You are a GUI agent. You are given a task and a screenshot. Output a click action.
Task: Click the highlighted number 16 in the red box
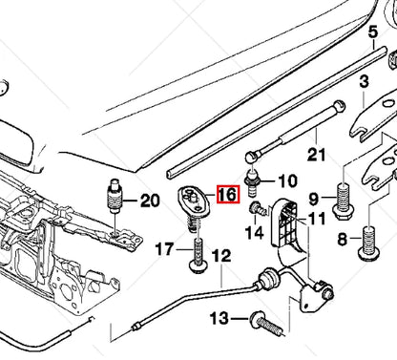coord(226,195)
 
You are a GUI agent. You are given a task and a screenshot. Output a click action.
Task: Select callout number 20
coord(150,201)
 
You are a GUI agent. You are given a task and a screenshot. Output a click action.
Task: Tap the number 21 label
coord(317,156)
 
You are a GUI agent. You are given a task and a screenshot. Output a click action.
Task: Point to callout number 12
coord(220,256)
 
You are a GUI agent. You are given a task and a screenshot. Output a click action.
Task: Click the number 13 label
coord(219,318)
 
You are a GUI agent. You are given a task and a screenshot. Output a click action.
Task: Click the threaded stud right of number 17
coord(199,255)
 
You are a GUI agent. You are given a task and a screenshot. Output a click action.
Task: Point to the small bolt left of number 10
coord(253,180)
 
